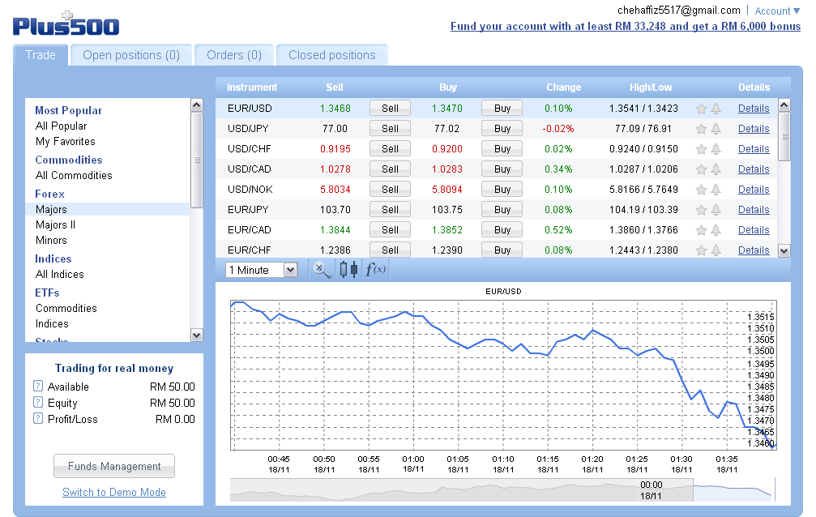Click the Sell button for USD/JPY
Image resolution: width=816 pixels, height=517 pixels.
[390, 128]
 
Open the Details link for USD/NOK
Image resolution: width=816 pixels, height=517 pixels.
[754, 189]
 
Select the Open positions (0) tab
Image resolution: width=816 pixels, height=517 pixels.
[131, 55]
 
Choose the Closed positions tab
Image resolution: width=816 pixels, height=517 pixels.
[332, 55]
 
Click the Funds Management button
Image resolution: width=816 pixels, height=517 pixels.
[114, 466]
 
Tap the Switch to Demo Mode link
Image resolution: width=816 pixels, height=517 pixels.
[114, 492]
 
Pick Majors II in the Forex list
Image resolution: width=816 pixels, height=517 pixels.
[55, 224]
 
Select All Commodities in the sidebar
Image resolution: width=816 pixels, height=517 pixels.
[74, 175]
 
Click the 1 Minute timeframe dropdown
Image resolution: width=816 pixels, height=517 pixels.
[263, 270]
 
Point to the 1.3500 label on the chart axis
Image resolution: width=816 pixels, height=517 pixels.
[761, 351]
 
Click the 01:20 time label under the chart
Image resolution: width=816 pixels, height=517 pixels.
[592, 459]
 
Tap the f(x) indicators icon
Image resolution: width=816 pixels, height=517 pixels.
[375, 270]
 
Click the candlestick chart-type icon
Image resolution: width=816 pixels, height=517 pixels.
[348, 270]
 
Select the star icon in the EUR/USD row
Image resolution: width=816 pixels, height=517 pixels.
[702, 109]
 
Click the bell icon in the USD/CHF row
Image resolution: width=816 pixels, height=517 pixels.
[716, 149]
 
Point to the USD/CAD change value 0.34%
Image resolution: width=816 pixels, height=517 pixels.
[558, 169]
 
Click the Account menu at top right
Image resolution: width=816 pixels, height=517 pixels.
[777, 11]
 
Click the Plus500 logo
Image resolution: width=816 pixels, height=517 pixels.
[66, 24]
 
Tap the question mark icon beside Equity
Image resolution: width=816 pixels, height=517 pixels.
[38, 403]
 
